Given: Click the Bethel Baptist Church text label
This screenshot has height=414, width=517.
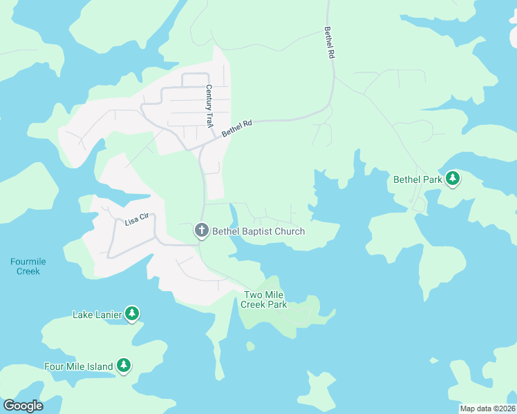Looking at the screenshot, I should coord(258,231).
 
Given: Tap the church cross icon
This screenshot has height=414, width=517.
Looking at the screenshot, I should coord(202,230).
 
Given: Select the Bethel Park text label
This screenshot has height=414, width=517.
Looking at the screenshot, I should coord(417,179).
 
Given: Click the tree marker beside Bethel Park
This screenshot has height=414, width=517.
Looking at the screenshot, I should coord(453,179).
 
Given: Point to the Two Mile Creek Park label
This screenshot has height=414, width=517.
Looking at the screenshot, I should coord(265,299).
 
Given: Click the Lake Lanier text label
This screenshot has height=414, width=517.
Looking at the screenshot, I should coord(97,315).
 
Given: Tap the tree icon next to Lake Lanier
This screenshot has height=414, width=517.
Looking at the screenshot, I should coord(132,314).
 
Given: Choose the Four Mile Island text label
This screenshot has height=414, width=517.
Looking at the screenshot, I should coord(78,366).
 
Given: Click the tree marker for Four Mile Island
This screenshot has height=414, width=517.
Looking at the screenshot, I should coord(124,366).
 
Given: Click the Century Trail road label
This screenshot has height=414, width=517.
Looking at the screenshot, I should coord(208,106).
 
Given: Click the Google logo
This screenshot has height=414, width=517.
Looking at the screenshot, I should coord(23,406).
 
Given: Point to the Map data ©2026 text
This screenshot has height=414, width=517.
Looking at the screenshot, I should coord(487,408).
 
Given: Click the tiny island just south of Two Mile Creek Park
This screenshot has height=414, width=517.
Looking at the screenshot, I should coord(250,346).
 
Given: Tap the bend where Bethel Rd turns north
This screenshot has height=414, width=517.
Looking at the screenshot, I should coord(330,103).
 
